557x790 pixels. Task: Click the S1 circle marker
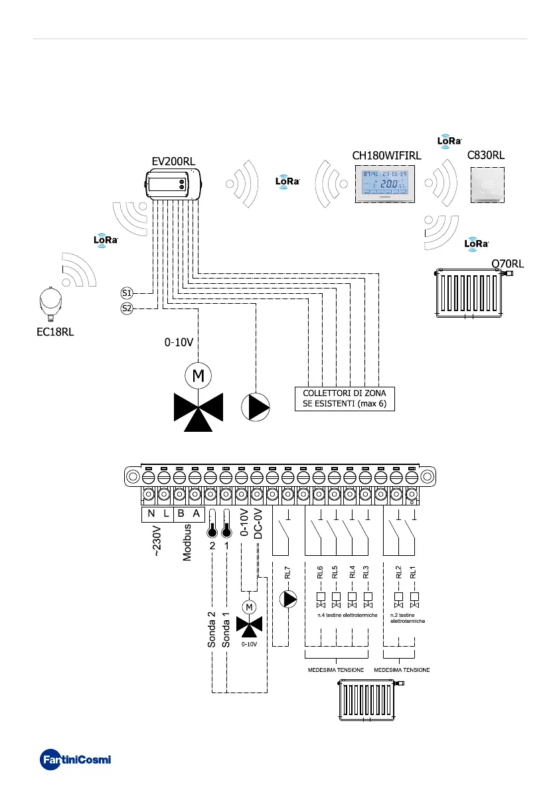click(x=127, y=293)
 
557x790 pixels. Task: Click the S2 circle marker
click(x=127, y=308)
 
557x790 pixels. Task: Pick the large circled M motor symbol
click(x=198, y=376)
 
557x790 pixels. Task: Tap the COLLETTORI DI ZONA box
click(x=345, y=399)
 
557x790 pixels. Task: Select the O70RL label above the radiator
click(x=507, y=263)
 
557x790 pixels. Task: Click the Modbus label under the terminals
click(x=187, y=543)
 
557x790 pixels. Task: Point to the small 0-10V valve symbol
click(x=250, y=622)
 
